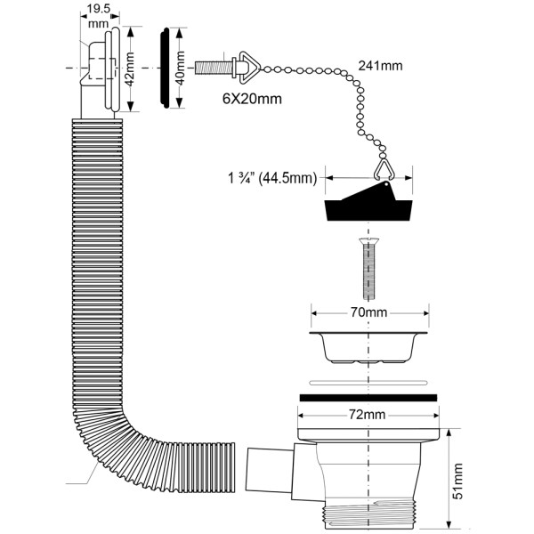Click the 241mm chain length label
pyautogui.click(x=379, y=65)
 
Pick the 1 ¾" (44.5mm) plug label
pyautogui.click(x=273, y=177)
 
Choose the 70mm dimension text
pyautogui.click(x=368, y=313)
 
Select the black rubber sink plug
pyautogui.click(x=368, y=207)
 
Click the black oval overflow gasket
pyautogui.click(x=166, y=69)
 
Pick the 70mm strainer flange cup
pyautogui.click(x=368, y=347)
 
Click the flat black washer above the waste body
pyautogui.click(x=368, y=395)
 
